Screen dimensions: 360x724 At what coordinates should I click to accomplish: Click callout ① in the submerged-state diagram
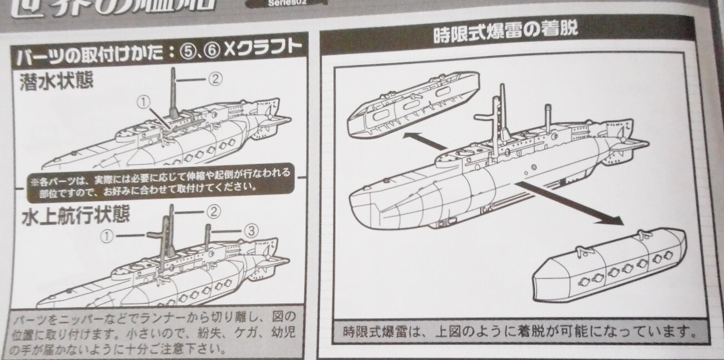144,102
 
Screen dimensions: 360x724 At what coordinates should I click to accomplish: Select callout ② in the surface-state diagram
214,212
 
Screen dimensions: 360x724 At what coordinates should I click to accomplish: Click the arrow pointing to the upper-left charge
425,142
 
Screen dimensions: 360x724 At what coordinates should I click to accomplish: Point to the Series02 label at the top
284,3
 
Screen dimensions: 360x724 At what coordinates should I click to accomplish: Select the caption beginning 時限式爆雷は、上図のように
515,333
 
